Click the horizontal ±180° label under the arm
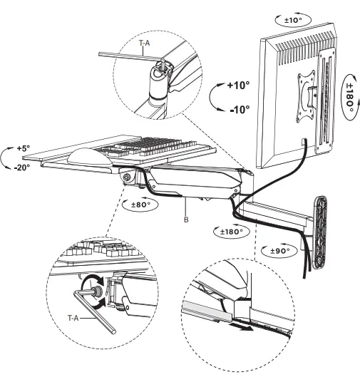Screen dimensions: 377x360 tap(230, 232)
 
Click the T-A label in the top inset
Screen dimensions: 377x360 tap(145, 43)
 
